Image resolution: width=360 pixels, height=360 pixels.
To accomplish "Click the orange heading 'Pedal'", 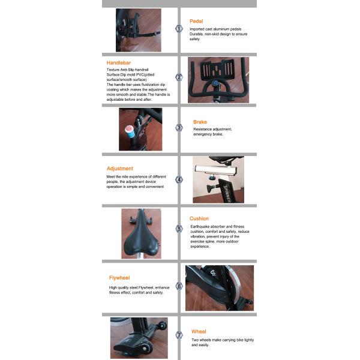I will click(x=196, y=21).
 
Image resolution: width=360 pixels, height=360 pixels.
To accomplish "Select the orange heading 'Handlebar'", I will click(x=119, y=62).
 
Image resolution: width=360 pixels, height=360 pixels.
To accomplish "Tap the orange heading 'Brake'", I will click(x=200, y=122).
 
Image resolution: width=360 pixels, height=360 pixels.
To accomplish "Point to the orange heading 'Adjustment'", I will click(x=120, y=169).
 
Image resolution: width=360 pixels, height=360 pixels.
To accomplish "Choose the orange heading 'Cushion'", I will click(x=199, y=219).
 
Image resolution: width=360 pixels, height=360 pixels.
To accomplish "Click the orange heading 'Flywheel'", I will click(x=119, y=278).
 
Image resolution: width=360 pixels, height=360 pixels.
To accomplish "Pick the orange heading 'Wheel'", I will click(x=199, y=331).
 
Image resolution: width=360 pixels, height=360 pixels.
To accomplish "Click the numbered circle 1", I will click(x=179, y=28).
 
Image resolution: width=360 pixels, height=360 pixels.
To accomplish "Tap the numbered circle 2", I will click(x=179, y=77).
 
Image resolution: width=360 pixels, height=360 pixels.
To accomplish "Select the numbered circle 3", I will click(x=179, y=128).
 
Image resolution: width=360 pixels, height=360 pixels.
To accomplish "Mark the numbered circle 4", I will click(x=179, y=179).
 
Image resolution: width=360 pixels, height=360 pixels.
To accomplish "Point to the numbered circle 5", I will click(x=179, y=229).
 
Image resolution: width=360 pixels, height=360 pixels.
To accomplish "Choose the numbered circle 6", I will click(x=179, y=286).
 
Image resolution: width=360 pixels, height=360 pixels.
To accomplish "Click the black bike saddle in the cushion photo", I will click(x=141, y=237).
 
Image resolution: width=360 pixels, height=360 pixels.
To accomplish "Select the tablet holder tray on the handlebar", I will click(x=218, y=66).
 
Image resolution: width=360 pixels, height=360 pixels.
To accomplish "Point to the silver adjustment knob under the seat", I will click(x=212, y=176).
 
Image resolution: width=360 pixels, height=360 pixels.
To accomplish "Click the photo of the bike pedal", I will click(x=138, y=30).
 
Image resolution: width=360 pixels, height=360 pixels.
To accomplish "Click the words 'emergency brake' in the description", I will click(x=208, y=134).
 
